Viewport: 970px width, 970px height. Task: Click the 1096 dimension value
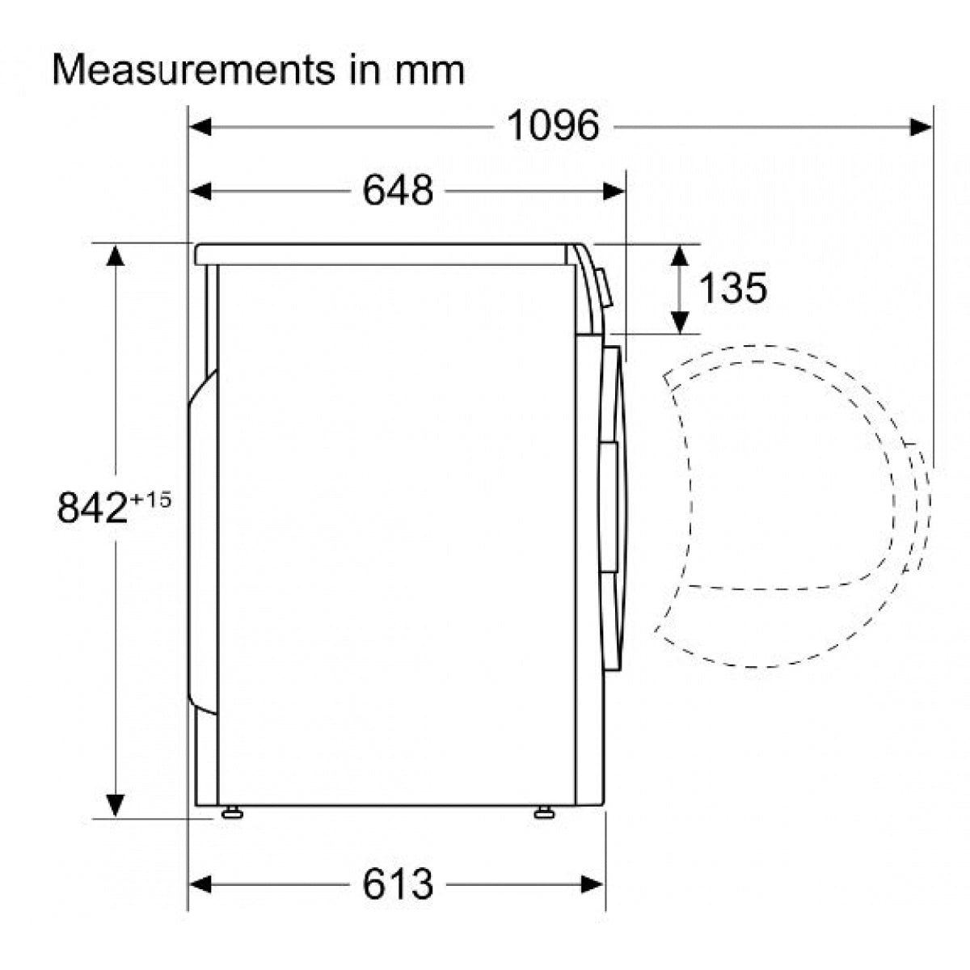[553, 126]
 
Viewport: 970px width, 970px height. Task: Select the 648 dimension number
[398, 191]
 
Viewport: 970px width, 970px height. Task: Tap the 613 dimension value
[398, 884]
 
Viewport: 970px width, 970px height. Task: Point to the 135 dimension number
[732, 288]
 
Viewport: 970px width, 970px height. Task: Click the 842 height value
[92, 508]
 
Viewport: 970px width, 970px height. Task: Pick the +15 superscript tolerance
[150, 500]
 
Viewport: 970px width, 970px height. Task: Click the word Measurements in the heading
[194, 70]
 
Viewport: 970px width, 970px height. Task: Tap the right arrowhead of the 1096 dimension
[921, 127]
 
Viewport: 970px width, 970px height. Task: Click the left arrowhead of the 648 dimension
[200, 192]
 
